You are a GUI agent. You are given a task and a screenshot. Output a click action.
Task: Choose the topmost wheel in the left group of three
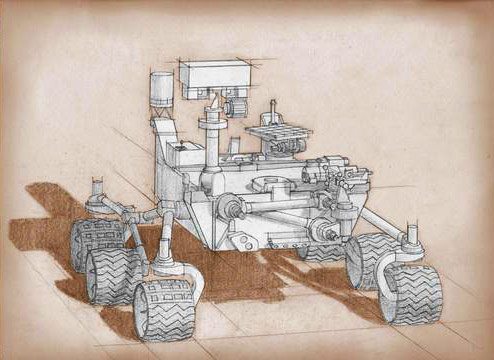point(96,240)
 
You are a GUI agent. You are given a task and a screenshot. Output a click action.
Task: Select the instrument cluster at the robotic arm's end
point(340,180)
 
